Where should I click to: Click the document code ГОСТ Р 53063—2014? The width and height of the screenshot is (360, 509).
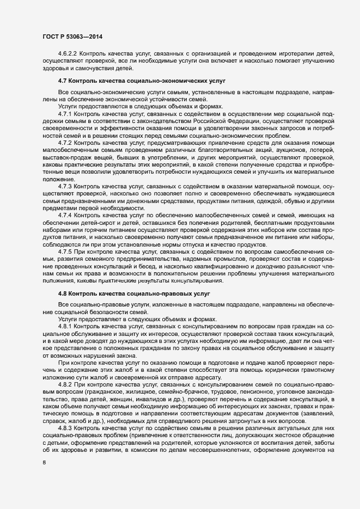(72, 36)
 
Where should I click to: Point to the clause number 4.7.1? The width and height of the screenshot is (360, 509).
(68, 114)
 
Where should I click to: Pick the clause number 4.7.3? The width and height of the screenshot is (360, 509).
(68, 186)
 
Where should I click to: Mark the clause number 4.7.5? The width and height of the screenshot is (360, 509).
(68, 252)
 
